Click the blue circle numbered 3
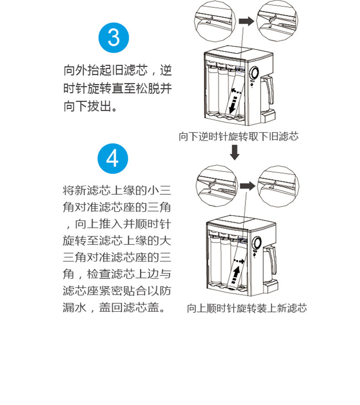(x=113, y=38)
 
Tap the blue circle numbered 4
(x=113, y=158)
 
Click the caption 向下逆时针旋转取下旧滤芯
(x=239, y=136)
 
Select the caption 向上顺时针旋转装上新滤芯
(x=247, y=308)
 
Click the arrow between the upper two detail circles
(x=247, y=21)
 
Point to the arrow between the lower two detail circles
(x=248, y=186)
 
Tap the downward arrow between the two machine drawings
(x=235, y=152)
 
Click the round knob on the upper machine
(x=254, y=73)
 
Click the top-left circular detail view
(x=215, y=21)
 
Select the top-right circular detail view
(x=277, y=21)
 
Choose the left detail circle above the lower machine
(x=216, y=186)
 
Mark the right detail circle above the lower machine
(x=278, y=186)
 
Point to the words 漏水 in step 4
(x=75, y=307)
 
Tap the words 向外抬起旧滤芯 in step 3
(x=106, y=70)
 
